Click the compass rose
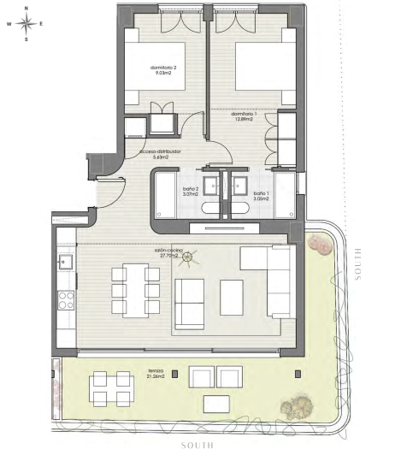pos(27,23)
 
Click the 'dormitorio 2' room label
pos(162,70)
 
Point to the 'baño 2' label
pos(190,192)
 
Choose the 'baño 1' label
pos(261,192)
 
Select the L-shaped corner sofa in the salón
pos(270,278)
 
